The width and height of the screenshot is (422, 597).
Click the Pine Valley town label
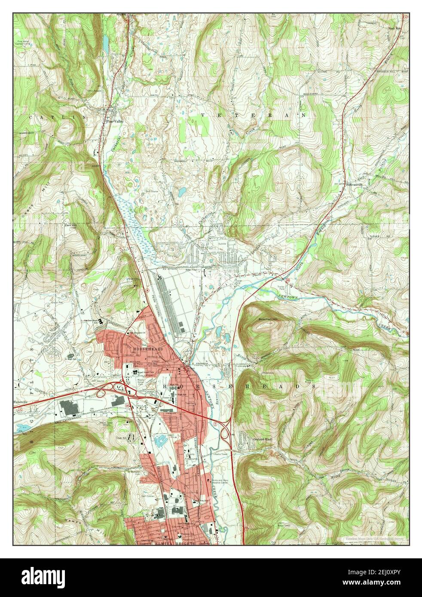tap(115, 122)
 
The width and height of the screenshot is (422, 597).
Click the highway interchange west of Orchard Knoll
tap(224, 434)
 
